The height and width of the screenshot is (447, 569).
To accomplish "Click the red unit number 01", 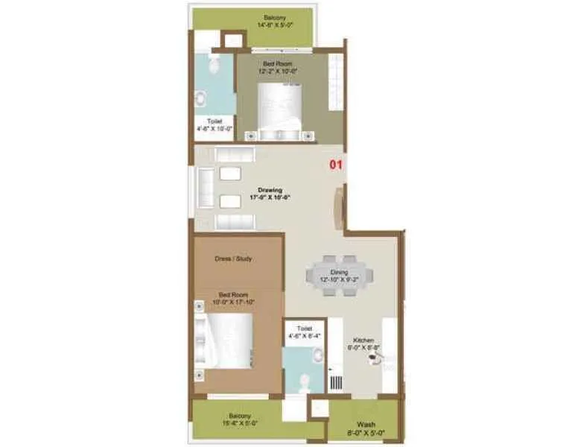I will click(335, 165).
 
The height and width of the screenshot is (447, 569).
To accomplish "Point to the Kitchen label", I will click(363, 340).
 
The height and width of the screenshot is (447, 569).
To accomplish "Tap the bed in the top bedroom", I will click(279, 112).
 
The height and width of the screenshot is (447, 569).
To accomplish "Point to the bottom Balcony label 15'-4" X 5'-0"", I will click(239, 416).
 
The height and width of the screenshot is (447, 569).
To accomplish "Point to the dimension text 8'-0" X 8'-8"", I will click(363, 347).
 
